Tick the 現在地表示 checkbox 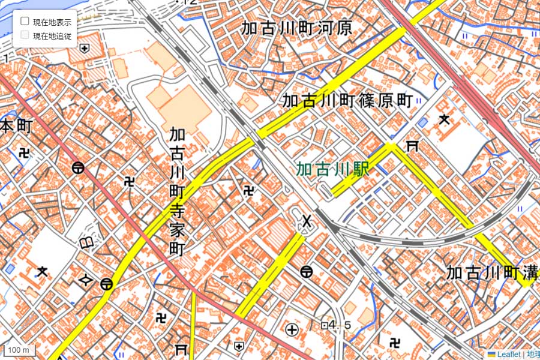coord(25,21)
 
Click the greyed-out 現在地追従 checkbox coord(25,35)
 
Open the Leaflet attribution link coord(503,355)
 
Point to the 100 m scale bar coord(18,349)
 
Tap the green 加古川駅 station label coord(332,169)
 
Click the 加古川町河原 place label coord(296,28)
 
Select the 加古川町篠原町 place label coord(347,100)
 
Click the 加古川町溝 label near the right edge coord(489,272)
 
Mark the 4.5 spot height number coord(340,325)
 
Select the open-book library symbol coord(88,242)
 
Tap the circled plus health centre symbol coord(292,329)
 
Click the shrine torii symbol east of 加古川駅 coord(412,145)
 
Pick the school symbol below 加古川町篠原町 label coord(445,119)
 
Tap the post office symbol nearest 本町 coord(77,167)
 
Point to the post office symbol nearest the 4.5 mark coord(307,272)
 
